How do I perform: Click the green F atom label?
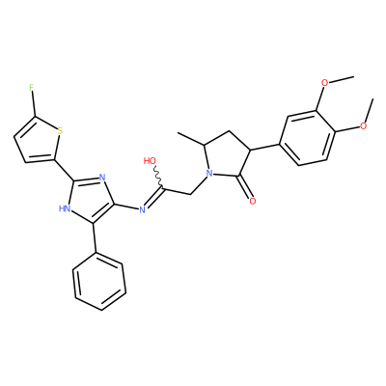[31, 87]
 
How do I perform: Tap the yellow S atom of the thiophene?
[60, 131]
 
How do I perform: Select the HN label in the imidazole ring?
[65, 208]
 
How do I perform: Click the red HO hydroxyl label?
[150, 160]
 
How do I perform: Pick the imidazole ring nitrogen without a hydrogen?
[102, 178]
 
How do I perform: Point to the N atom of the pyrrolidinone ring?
[209, 174]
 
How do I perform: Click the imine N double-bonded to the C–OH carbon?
[143, 210]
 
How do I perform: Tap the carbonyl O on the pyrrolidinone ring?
[253, 202]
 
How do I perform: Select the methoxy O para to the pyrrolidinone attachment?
[363, 125]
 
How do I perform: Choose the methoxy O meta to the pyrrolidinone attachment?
[325, 83]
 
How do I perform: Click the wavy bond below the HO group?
[158, 177]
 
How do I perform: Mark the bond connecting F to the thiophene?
[33, 103]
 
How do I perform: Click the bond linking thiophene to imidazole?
[66, 170]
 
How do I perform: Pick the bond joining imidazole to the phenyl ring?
[95, 238]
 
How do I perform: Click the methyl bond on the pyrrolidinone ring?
[191, 139]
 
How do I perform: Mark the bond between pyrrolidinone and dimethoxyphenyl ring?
[264, 147]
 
